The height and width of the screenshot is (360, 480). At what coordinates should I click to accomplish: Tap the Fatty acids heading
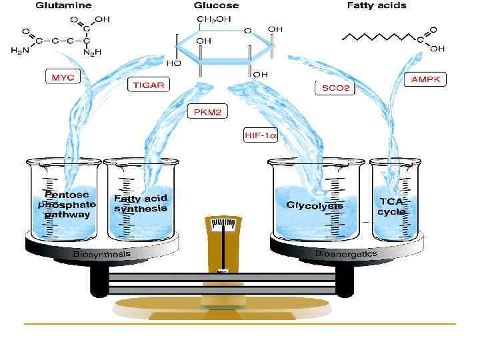click(377, 5)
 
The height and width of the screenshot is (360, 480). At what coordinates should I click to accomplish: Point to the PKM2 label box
click(206, 113)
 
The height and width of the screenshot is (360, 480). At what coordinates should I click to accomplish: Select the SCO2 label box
click(334, 87)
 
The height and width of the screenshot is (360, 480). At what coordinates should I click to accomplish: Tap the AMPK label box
click(427, 79)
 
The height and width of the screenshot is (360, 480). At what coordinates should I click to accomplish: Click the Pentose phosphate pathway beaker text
click(66, 204)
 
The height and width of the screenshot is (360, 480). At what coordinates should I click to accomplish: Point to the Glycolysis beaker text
click(315, 205)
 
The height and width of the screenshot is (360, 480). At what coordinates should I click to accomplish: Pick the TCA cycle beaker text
click(392, 206)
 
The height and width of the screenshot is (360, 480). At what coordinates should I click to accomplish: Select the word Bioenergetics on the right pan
click(346, 254)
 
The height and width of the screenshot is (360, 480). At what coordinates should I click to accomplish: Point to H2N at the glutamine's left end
click(20, 51)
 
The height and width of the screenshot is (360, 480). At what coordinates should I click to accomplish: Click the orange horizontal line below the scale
click(240, 324)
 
